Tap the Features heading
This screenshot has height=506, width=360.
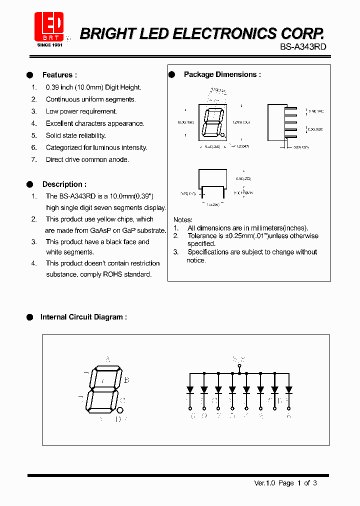click(x=59, y=75)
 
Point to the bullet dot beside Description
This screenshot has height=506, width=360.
click(x=29, y=184)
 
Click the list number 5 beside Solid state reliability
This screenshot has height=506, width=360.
click(x=34, y=135)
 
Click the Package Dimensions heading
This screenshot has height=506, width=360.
click(x=222, y=74)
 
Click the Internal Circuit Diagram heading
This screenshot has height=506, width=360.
click(x=83, y=317)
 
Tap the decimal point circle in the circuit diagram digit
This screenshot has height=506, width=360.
click(x=120, y=410)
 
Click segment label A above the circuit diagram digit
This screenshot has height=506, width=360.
click(x=107, y=359)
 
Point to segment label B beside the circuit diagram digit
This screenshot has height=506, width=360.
click(x=127, y=380)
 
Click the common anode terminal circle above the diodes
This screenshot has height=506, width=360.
click(x=239, y=365)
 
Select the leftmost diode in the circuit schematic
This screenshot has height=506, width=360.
click(x=190, y=389)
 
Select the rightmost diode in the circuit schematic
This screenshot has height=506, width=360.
click(x=288, y=389)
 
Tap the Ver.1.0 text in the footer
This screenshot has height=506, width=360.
click(x=264, y=483)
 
